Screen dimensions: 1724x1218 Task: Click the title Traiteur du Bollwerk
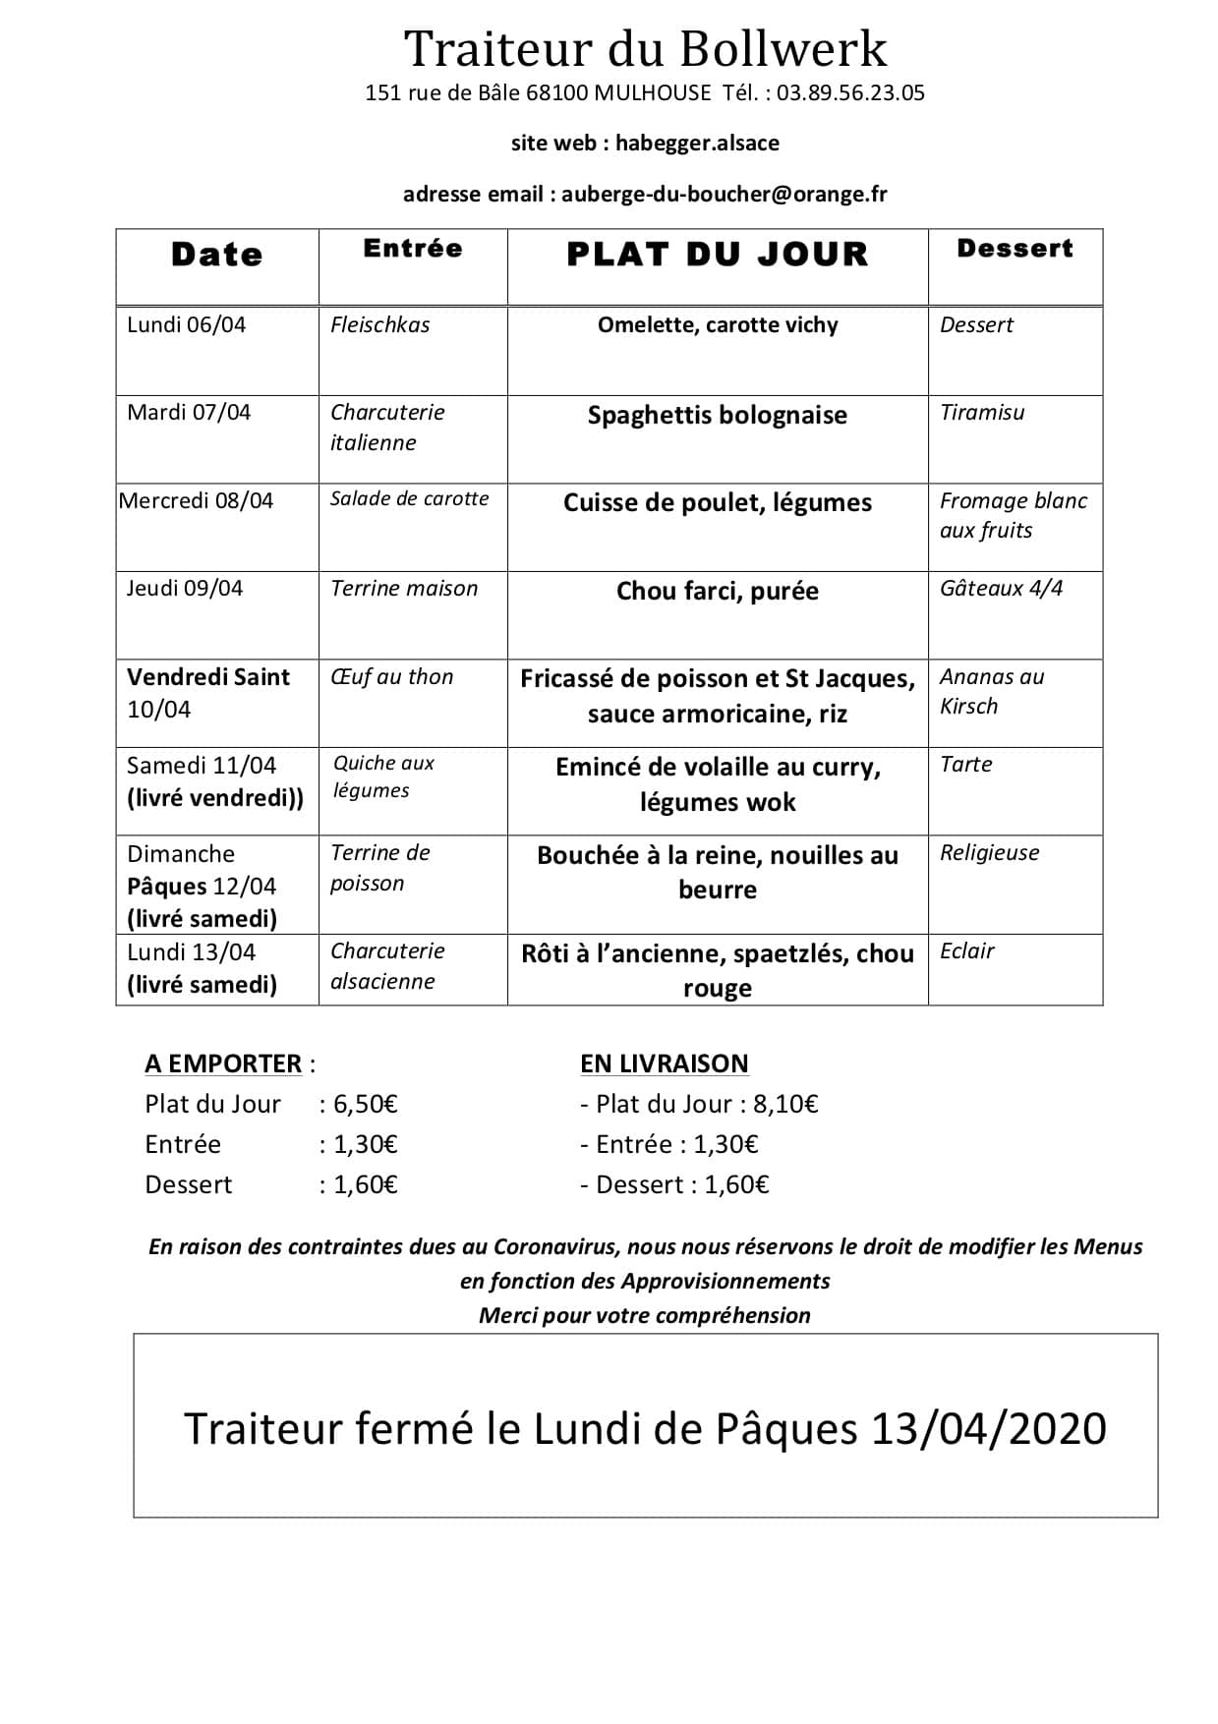[x=645, y=48]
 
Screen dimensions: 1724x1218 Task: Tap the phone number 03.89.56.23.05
[x=850, y=93]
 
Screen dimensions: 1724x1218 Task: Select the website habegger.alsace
[x=697, y=144]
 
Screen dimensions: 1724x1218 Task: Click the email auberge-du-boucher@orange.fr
[x=724, y=195]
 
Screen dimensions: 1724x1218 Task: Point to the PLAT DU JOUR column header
[x=718, y=255]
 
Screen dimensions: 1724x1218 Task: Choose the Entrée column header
[x=413, y=249]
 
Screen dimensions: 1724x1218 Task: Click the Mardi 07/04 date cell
[x=189, y=412]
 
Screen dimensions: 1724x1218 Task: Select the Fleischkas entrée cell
[x=380, y=325]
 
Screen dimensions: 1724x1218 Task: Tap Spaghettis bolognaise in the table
[x=718, y=415]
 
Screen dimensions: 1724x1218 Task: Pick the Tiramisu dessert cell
[x=982, y=413]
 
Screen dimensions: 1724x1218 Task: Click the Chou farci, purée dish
[x=718, y=591]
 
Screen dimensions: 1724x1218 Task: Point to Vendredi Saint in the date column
[x=208, y=677]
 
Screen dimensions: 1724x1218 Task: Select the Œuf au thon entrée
[x=392, y=677]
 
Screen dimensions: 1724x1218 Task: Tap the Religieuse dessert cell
[x=989, y=853]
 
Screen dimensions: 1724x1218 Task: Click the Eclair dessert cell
[x=967, y=951]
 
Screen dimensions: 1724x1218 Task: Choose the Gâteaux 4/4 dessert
[x=1001, y=589]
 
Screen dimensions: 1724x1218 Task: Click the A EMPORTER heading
[x=223, y=1063]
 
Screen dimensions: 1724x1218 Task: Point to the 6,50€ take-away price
[x=366, y=1104]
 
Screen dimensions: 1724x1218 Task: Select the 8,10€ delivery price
[x=785, y=1104]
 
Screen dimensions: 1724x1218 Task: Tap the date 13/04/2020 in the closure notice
[x=989, y=1428]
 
